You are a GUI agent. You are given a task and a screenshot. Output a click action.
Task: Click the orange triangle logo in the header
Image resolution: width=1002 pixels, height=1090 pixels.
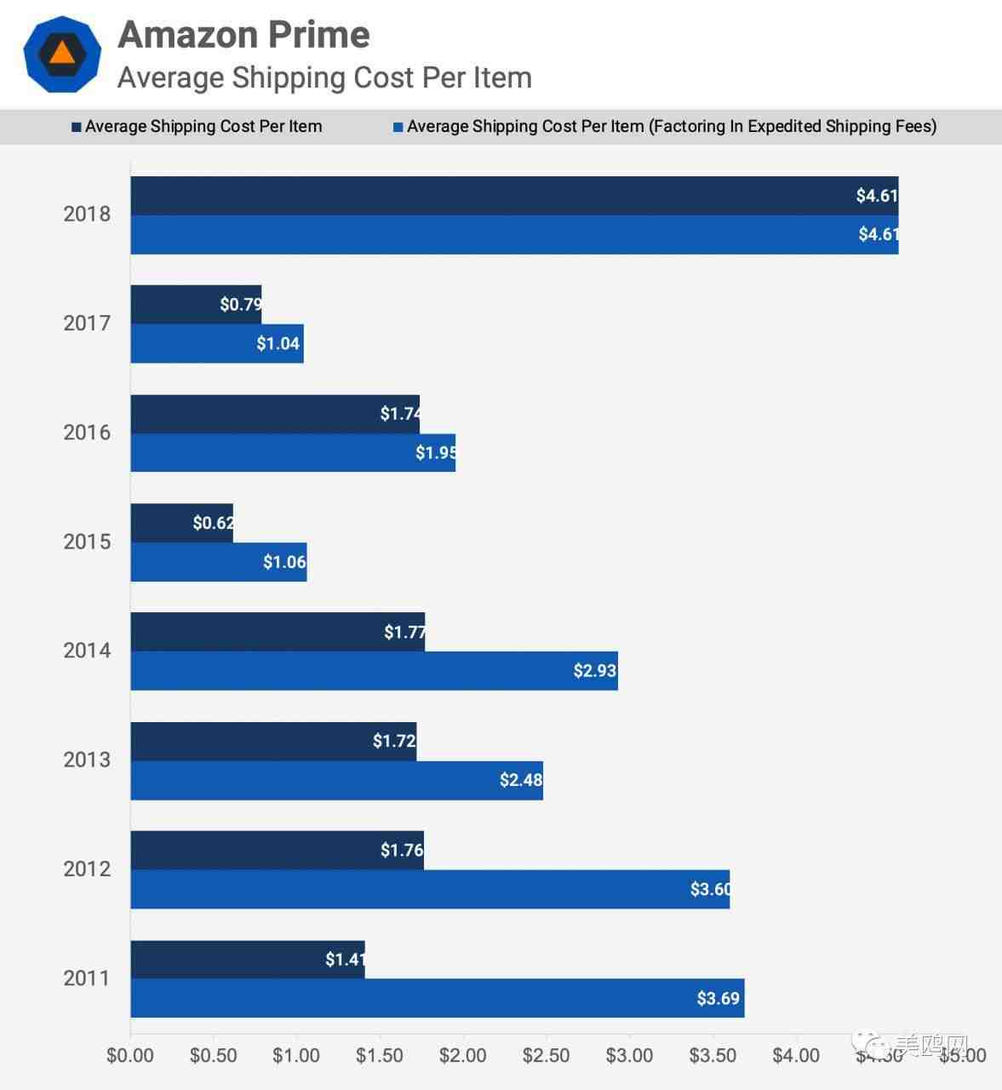coord(62,53)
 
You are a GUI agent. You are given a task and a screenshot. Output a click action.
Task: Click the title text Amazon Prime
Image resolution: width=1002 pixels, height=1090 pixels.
coord(243,35)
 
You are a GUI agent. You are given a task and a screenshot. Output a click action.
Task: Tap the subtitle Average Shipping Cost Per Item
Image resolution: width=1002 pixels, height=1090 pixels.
coord(324,77)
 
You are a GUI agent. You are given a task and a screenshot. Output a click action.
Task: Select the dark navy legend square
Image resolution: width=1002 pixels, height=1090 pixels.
coord(77,128)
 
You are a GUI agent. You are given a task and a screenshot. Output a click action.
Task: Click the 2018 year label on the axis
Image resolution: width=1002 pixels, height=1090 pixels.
coord(87,214)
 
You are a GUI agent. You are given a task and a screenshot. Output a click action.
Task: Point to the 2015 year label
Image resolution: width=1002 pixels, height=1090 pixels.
coord(87,542)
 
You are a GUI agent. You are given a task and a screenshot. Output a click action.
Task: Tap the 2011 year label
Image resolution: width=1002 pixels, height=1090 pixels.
coord(87,978)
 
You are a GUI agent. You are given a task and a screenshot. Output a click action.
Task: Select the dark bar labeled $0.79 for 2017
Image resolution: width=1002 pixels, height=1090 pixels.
coord(196,304)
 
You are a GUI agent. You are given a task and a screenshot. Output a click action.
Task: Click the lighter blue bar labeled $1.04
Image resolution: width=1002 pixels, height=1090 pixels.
coord(216,343)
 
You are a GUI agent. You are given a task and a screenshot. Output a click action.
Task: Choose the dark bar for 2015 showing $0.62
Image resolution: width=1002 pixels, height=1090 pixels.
coord(181,523)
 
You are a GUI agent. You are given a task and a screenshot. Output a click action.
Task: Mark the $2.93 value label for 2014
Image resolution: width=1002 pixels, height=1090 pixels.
coord(594,671)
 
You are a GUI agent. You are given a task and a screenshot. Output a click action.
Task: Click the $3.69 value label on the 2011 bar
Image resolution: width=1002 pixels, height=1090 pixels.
coord(718,998)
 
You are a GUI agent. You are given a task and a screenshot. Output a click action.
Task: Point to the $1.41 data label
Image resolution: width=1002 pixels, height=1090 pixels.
coord(345,960)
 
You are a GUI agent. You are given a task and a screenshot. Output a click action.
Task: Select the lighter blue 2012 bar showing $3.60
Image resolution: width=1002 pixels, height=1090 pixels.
coord(429,889)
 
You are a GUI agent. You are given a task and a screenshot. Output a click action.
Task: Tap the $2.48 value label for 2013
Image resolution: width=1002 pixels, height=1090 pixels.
coord(520,780)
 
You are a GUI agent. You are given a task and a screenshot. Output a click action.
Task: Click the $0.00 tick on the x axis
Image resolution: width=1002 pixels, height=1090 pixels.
coord(130,1056)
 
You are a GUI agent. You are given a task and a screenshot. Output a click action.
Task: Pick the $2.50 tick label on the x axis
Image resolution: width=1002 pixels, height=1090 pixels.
coord(546,1056)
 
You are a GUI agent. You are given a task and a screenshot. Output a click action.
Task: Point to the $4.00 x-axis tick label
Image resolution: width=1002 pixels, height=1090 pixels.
coord(796,1056)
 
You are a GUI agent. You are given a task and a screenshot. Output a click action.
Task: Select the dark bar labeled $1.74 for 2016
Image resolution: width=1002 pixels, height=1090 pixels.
coord(274,414)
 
